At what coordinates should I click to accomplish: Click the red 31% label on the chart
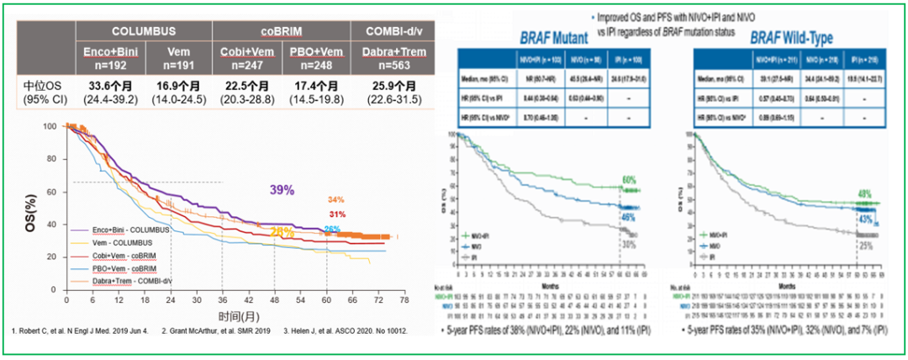pyautogui.click(x=337, y=214)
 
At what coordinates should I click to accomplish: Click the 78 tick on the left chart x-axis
pyautogui.click(x=404, y=299)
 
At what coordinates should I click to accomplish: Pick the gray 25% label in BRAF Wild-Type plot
pyautogui.click(x=864, y=244)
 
